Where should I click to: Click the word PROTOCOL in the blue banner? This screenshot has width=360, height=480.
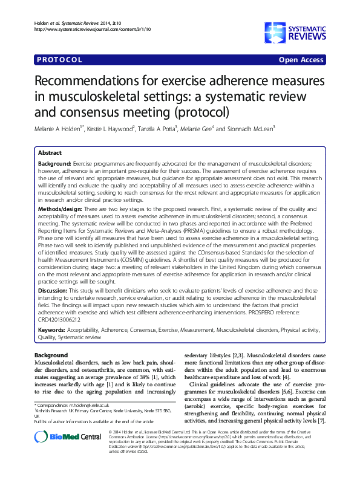click(x=59, y=60)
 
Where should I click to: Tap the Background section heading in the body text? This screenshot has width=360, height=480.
click(x=50, y=355)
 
